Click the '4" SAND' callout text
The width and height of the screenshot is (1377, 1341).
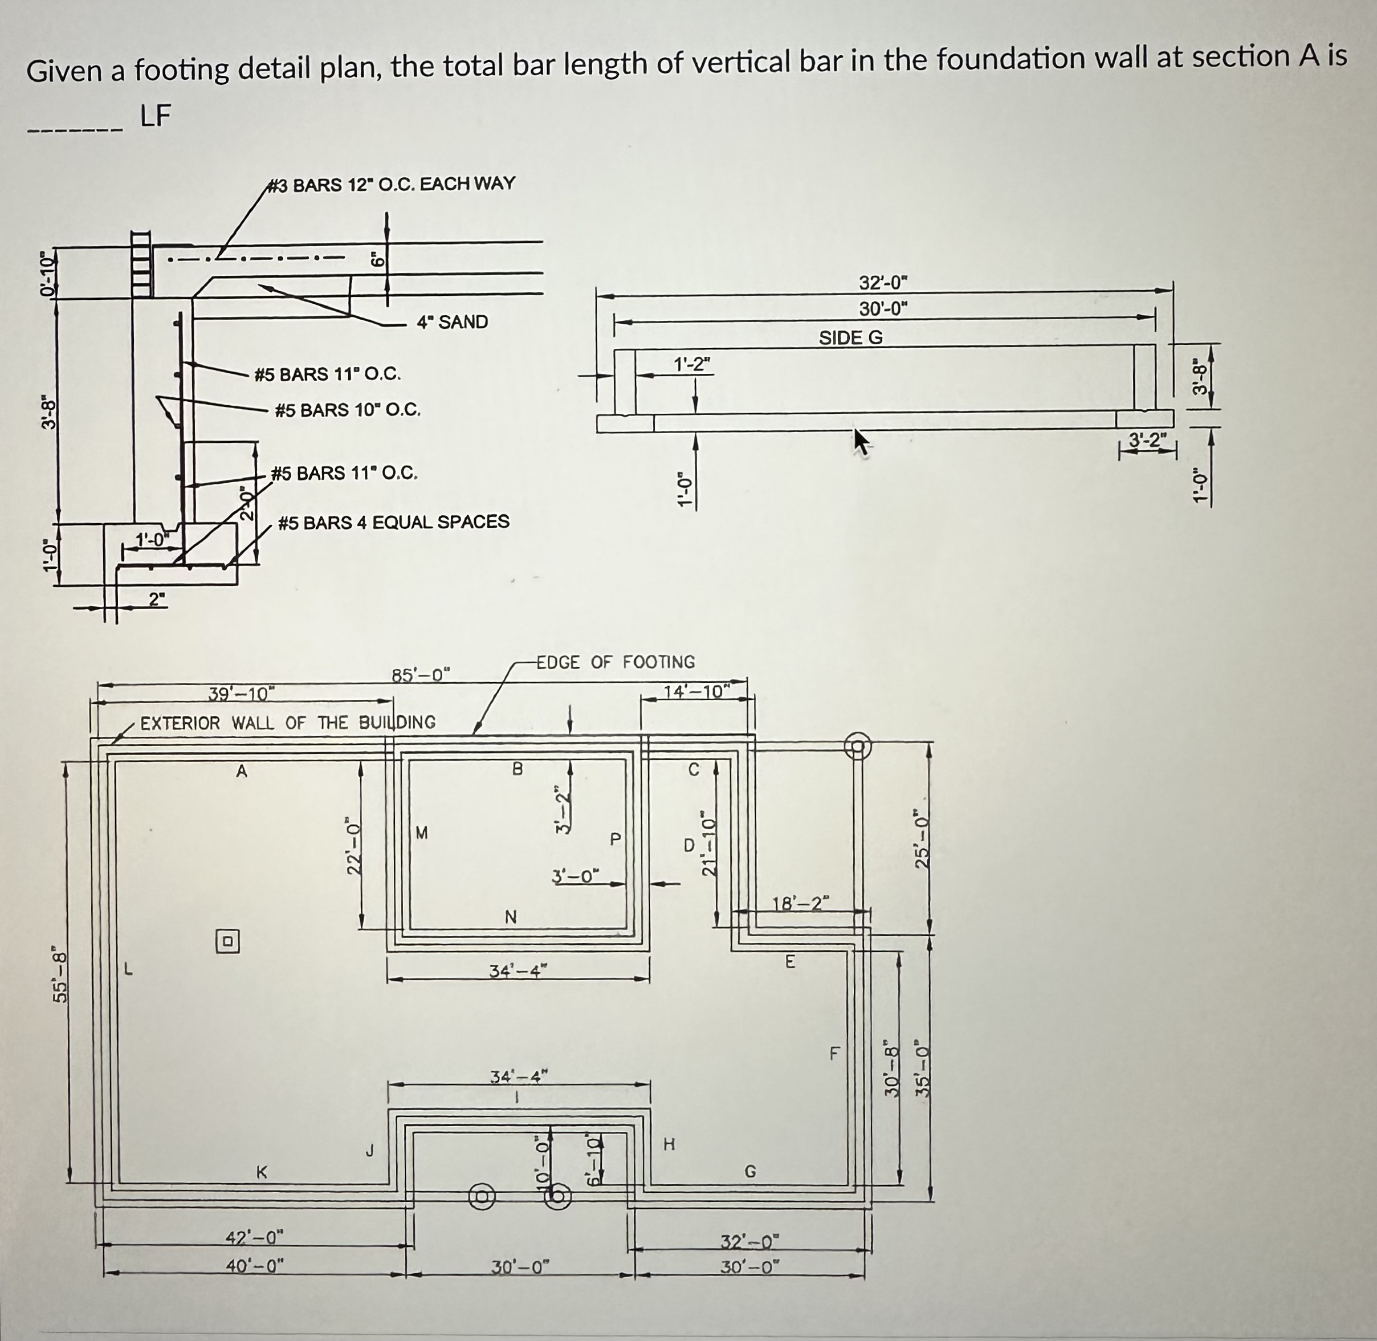451,322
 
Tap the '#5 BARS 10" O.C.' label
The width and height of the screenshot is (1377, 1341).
347,409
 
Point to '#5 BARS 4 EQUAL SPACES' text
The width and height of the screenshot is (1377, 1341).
393,522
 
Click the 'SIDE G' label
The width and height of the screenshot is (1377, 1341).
850,337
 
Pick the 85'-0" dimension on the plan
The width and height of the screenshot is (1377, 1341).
421,675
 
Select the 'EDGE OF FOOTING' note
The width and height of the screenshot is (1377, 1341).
615,662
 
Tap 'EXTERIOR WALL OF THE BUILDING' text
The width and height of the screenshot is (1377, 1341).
287,723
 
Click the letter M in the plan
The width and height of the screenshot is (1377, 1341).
421,833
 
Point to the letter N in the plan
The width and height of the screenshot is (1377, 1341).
511,916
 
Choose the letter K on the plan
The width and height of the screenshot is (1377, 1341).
261,1173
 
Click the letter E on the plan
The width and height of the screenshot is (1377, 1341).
791,961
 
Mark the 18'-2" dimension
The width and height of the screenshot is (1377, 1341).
801,903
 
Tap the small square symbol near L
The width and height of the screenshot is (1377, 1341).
227,941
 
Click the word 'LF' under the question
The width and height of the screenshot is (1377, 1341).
155,116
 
